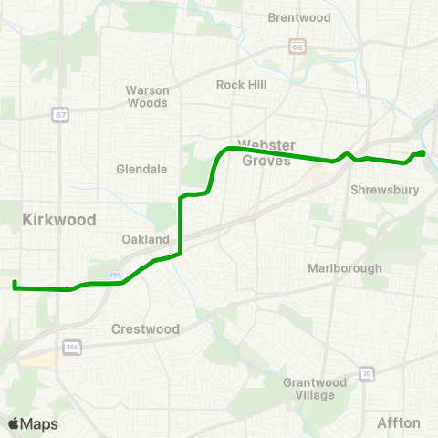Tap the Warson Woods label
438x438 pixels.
click(147, 97)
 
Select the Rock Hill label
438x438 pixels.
click(240, 84)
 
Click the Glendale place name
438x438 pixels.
click(141, 169)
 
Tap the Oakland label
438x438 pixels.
click(146, 239)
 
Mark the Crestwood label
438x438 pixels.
click(142, 328)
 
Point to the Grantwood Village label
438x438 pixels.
click(309, 389)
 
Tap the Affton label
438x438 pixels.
click(399, 422)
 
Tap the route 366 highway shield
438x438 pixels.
click(71, 347)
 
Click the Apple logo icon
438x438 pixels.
click(14, 423)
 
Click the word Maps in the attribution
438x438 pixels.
click(39, 423)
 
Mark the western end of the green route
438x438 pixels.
click(15, 285)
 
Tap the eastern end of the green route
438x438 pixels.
click(423, 152)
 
